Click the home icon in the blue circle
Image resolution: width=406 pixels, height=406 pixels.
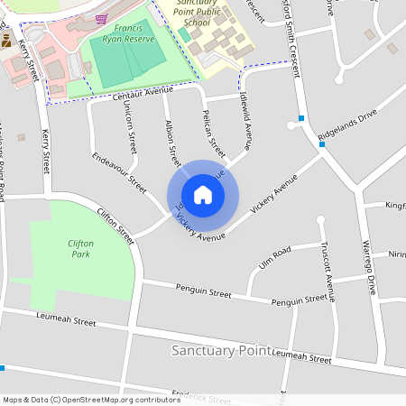click(203, 195)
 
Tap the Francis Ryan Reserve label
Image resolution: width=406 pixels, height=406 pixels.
click(129, 33)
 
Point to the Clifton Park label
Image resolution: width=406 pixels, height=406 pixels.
click(80, 248)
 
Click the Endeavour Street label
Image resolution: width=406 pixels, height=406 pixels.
click(119, 171)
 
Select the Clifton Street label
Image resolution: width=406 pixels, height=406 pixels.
click(115, 226)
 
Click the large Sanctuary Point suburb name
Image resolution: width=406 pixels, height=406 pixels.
click(220, 349)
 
